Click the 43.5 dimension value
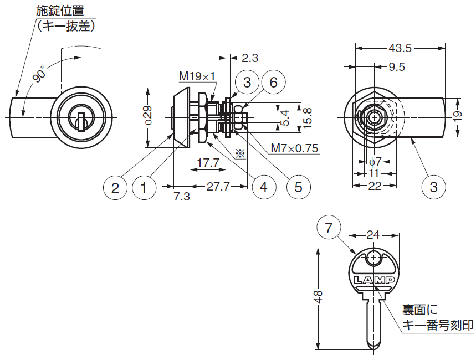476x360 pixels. coord(400,48)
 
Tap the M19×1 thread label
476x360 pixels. coord(197,76)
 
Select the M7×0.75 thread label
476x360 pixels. coord(294,148)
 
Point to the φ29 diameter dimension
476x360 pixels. coord(148,115)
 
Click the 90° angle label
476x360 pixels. coord(39,74)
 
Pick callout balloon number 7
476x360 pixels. coord(329,227)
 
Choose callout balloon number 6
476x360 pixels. coord(274,83)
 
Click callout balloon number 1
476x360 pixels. coord(144,188)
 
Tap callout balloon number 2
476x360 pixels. coord(115,188)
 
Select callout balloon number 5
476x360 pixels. coord(299,187)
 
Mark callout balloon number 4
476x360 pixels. coord(264,187)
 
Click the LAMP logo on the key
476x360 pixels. coord(374,280)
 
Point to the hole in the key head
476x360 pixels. coord(373,259)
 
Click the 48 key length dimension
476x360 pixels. coord(318,296)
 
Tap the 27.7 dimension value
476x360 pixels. coord(218,187)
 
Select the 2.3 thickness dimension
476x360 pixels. coord(250,58)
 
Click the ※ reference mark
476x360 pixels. coord(240,153)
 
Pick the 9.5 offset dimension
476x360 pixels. coord(397,67)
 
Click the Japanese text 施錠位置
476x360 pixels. coord(60,11)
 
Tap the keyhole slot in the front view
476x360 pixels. coord(81,122)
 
